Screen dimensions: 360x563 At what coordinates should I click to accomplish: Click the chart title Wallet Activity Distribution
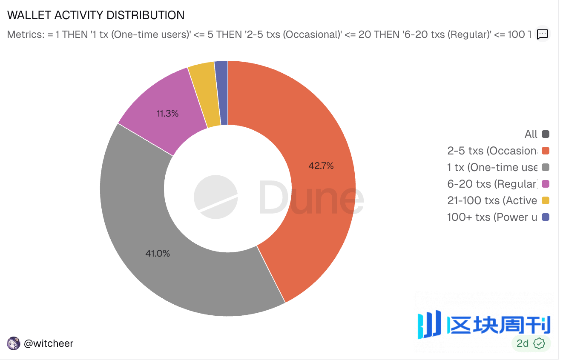click(96, 15)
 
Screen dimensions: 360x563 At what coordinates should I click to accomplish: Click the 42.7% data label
click(321, 166)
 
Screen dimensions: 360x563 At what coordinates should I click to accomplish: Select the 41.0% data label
click(158, 254)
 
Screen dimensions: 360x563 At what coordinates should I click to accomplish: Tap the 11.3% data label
click(167, 114)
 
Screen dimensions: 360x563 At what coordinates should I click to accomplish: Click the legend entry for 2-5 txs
click(492, 151)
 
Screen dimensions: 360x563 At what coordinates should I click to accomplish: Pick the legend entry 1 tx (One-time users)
click(492, 167)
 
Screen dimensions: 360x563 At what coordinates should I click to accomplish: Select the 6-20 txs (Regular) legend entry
click(492, 184)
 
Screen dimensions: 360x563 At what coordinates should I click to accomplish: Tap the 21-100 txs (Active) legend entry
click(492, 200)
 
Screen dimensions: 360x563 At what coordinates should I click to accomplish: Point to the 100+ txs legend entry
click(492, 217)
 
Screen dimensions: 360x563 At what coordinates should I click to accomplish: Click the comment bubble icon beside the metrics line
click(543, 34)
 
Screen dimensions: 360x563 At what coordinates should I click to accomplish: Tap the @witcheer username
click(49, 343)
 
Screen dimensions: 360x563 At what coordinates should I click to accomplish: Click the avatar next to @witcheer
click(14, 343)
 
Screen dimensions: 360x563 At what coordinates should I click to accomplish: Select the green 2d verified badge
click(531, 343)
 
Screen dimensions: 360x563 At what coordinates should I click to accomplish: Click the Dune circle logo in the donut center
click(216, 197)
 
